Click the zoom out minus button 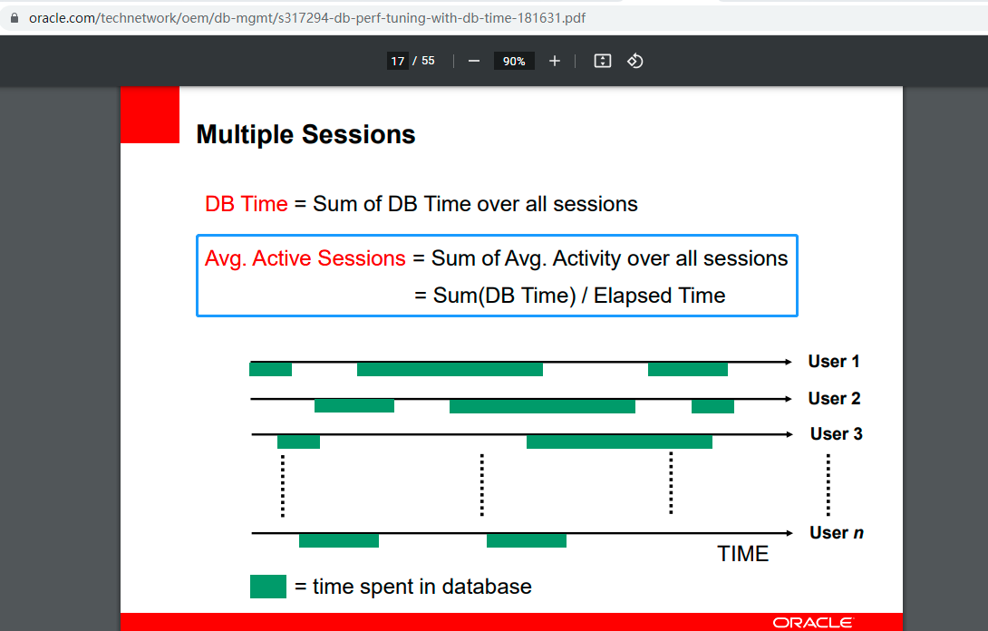(474, 61)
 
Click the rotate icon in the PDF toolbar (635, 61)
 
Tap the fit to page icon (603, 61)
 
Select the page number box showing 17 (398, 61)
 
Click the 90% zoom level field (514, 61)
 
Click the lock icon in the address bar (14, 17)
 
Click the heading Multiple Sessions (305, 134)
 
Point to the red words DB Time (247, 204)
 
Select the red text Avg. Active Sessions (305, 258)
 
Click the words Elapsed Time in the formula (659, 296)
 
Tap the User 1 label (834, 361)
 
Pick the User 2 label (834, 398)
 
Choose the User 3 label (836, 433)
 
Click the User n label (836, 533)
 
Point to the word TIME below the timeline (743, 553)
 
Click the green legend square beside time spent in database (268, 587)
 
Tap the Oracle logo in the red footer (813, 623)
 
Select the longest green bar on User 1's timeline (450, 369)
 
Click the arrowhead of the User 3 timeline (789, 434)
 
